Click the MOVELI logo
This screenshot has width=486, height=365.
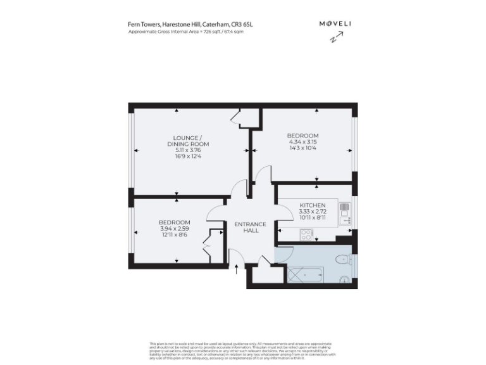pos(335,23)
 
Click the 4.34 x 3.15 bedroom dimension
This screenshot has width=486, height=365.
pos(302,142)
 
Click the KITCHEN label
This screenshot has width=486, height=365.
pos(313,205)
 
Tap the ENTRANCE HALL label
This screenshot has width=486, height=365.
pos(251,227)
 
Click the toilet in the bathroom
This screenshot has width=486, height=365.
pos(342,259)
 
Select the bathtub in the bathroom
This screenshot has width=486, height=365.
pos(306,274)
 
